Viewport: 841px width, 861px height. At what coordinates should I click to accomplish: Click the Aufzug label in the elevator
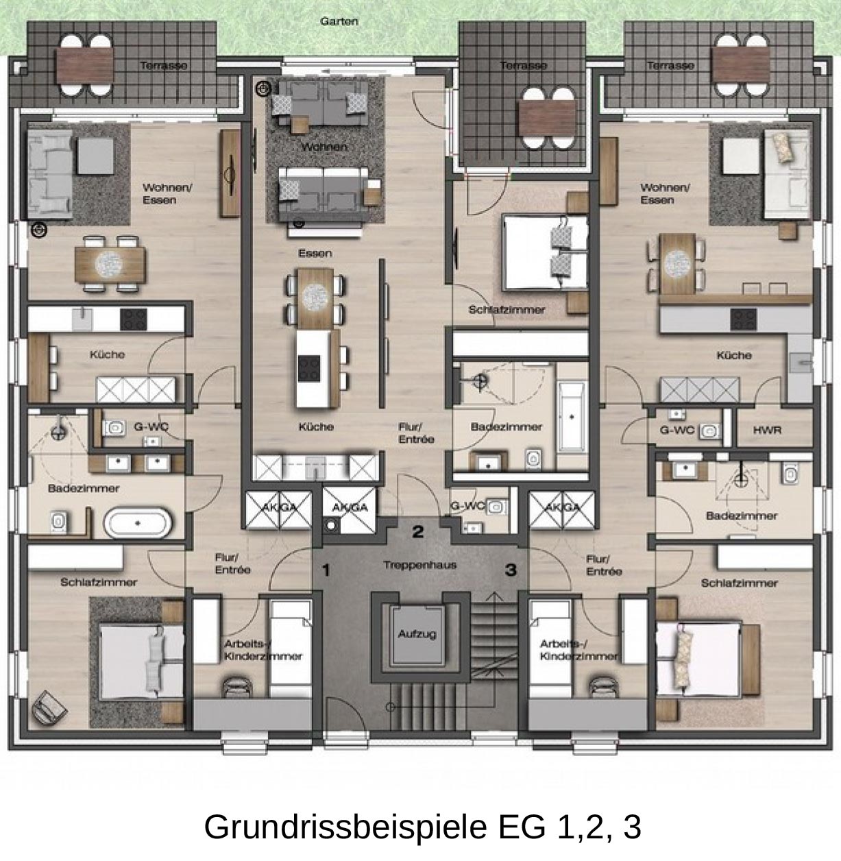(417, 634)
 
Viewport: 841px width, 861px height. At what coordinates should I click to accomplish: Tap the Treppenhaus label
(420, 565)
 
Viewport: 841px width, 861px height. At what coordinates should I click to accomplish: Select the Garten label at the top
(339, 21)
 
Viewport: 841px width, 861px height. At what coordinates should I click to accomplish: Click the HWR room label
(767, 430)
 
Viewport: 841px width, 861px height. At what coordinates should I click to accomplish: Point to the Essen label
(315, 253)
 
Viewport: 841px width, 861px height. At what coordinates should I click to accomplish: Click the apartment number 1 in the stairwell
(326, 571)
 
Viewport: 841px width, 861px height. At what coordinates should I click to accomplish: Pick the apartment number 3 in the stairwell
(511, 570)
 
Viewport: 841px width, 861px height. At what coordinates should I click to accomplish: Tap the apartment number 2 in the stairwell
(418, 532)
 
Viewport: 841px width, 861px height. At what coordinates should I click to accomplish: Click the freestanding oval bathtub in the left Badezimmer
(138, 524)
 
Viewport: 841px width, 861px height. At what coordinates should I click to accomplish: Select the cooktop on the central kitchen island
(309, 369)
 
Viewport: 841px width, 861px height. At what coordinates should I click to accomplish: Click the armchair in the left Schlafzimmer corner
(49, 707)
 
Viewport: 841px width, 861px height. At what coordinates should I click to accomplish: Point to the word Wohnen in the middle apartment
(324, 147)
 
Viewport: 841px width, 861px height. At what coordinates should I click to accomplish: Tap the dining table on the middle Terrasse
(548, 118)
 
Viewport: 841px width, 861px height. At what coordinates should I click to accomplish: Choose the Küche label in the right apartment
(734, 355)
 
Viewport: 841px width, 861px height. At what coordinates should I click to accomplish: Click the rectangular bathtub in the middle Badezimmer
(572, 416)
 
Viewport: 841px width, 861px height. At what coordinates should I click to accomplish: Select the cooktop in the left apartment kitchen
(134, 319)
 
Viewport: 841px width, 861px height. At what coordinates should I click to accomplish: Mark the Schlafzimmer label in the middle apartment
(507, 310)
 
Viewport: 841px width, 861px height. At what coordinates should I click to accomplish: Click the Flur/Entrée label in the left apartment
(233, 564)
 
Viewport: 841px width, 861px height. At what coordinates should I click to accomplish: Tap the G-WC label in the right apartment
(677, 430)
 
